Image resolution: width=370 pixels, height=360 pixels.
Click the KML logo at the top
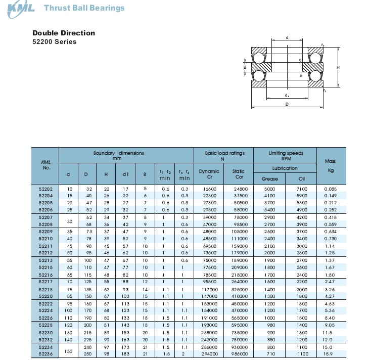click(20, 8)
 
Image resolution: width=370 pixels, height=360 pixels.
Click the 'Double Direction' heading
click(64, 33)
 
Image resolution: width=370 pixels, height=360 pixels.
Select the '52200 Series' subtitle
click(55, 42)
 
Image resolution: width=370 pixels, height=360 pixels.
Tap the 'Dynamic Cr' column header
click(209, 174)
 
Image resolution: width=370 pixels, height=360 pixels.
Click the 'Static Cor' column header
click(239, 174)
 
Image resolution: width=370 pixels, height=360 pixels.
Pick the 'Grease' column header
click(270, 178)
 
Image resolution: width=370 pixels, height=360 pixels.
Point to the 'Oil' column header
click(302, 178)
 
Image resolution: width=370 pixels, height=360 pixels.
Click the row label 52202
click(46, 189)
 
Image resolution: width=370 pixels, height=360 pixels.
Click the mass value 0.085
click(331, 189)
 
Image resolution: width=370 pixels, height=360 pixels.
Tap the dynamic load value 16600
click(209, 189)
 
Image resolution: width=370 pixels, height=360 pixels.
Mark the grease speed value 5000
click(270, 189)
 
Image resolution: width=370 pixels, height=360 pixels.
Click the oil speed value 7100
click(302, 189)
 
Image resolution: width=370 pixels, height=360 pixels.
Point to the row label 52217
click(46, 281)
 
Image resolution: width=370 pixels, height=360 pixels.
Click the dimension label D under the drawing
click(287, 104)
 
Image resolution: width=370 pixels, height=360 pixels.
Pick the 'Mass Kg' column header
click(331, 166)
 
